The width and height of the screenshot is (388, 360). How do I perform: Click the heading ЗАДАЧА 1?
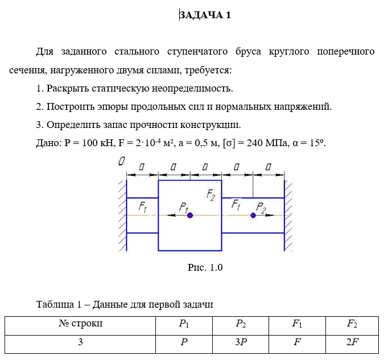(x=205, y=15)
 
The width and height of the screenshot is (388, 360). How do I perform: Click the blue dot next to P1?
(x=190, y=216)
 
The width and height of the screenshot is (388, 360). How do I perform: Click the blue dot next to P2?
(x=253, y=215)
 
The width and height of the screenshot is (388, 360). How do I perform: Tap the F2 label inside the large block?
(x=210, y=195)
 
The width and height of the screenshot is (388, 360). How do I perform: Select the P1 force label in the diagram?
(x=183, y=207)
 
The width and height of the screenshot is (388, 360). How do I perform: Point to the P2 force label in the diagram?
(x=261, y=207)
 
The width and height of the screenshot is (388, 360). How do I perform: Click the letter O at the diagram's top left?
(x=121, y=162)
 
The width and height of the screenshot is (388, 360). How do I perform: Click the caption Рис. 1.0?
(x=205, y=267)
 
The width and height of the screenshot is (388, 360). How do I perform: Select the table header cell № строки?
(x=80, y=324)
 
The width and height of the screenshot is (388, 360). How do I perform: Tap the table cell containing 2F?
(x=352, y=343)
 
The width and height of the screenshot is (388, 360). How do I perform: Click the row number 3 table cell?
(x=80, y=343)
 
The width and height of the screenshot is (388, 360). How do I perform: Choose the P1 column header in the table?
(x=183, y=324)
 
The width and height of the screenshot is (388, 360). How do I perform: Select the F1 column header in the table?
(x=297, y=324)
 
